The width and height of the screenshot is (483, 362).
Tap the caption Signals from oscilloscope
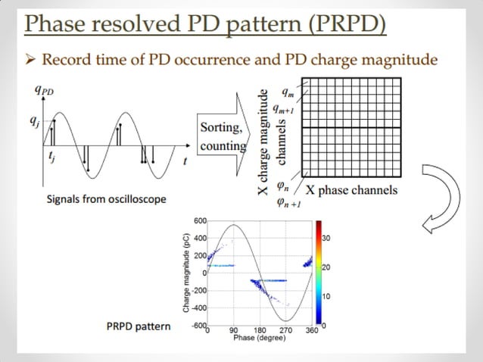click(x=96, y=199)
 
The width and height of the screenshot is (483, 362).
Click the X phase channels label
click(x=351, y=189)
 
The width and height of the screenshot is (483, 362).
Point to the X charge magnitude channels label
click(x=272, y=140)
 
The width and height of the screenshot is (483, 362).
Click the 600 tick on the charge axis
click(x=200, y=220)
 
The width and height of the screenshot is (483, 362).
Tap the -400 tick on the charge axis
click(x=198, y=307)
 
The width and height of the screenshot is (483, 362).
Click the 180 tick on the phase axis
click(x=259, y=331)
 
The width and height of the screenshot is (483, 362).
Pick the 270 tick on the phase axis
click(x=285, y=331)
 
